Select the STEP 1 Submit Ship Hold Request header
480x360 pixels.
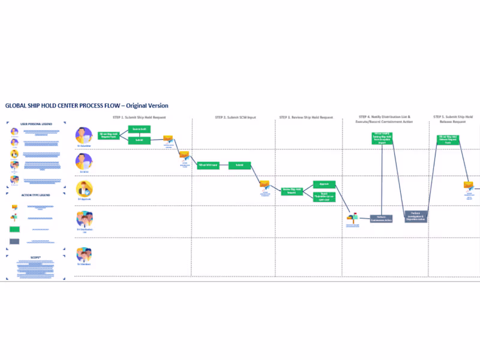point(139,117)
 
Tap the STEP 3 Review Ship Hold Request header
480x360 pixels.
point(307,117)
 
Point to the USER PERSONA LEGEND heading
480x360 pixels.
point(37,124)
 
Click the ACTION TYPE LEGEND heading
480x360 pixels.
point(37,195)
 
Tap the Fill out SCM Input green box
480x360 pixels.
point(208,165)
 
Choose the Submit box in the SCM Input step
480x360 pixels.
point(239,165)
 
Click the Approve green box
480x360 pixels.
point(323,185)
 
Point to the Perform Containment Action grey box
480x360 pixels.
point(381,218)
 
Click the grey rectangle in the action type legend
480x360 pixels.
point(14,241)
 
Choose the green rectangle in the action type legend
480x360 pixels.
point(14,229)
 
